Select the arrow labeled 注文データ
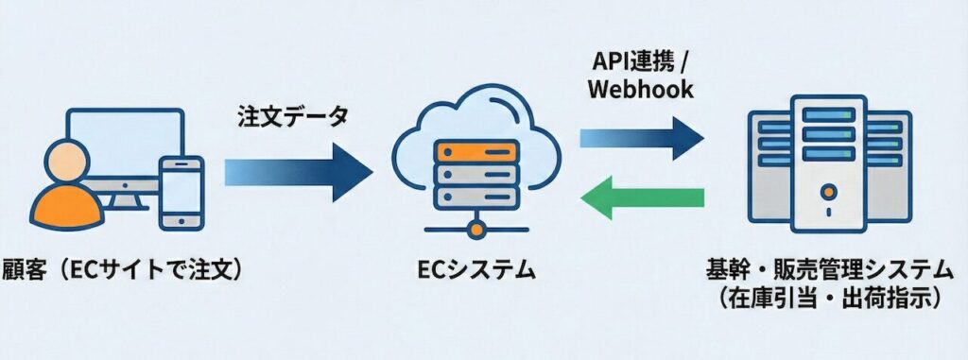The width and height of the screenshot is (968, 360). pyautogui.click(x=298, y=172)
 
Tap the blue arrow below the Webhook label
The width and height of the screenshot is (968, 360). pyautogui.click(x=642, y=139)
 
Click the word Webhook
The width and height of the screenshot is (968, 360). pyautogui.click(x=641, y=89)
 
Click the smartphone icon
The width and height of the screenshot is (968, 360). pyautogui.click(x=181, y=193)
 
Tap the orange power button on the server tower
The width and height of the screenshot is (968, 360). pyautogui.click(x=829, y=192)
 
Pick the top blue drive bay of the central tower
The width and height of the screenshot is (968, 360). pyautogui.click(x=828, y=115)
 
